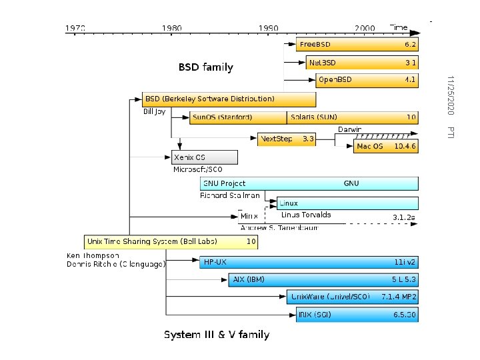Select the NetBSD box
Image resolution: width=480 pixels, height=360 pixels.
(362, 63)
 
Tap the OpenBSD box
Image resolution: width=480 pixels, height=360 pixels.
(367, 80)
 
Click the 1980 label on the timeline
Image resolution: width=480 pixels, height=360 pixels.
(171, 28)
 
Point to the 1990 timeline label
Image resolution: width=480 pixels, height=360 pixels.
(270, 28)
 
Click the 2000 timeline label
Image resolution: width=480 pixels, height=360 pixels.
(365, 28)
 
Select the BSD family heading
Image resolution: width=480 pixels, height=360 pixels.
(205, 67)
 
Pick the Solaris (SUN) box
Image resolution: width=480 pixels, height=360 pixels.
(353, 117)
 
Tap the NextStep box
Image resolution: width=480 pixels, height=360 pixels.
(286, 139)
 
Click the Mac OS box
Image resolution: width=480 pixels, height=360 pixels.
(386, 146)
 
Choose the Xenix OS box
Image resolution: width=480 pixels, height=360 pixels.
(205, 157)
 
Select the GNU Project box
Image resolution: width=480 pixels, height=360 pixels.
(309, 183)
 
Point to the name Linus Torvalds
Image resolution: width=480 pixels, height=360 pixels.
(306, 215)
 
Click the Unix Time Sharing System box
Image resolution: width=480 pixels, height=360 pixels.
(171, 241)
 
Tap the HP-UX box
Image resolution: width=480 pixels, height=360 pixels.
(309, 263)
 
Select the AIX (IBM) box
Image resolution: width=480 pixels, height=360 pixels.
(323, 280)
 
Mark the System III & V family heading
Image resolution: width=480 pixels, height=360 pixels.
(217, 334)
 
